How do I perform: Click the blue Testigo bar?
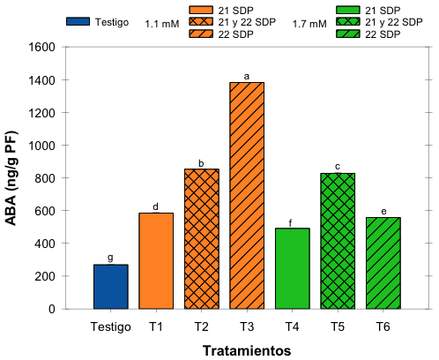click(x=111, y=287)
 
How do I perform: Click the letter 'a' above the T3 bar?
click(x=247, y=77)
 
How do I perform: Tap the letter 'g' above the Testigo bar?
click(x=111, y=258)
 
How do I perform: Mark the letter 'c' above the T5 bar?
click(x=338, y=167)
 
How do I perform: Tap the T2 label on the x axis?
click(x=202, y=326)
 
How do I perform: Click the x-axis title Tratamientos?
click(x=247, y=349)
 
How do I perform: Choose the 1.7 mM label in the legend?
click(x=309, y=26)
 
